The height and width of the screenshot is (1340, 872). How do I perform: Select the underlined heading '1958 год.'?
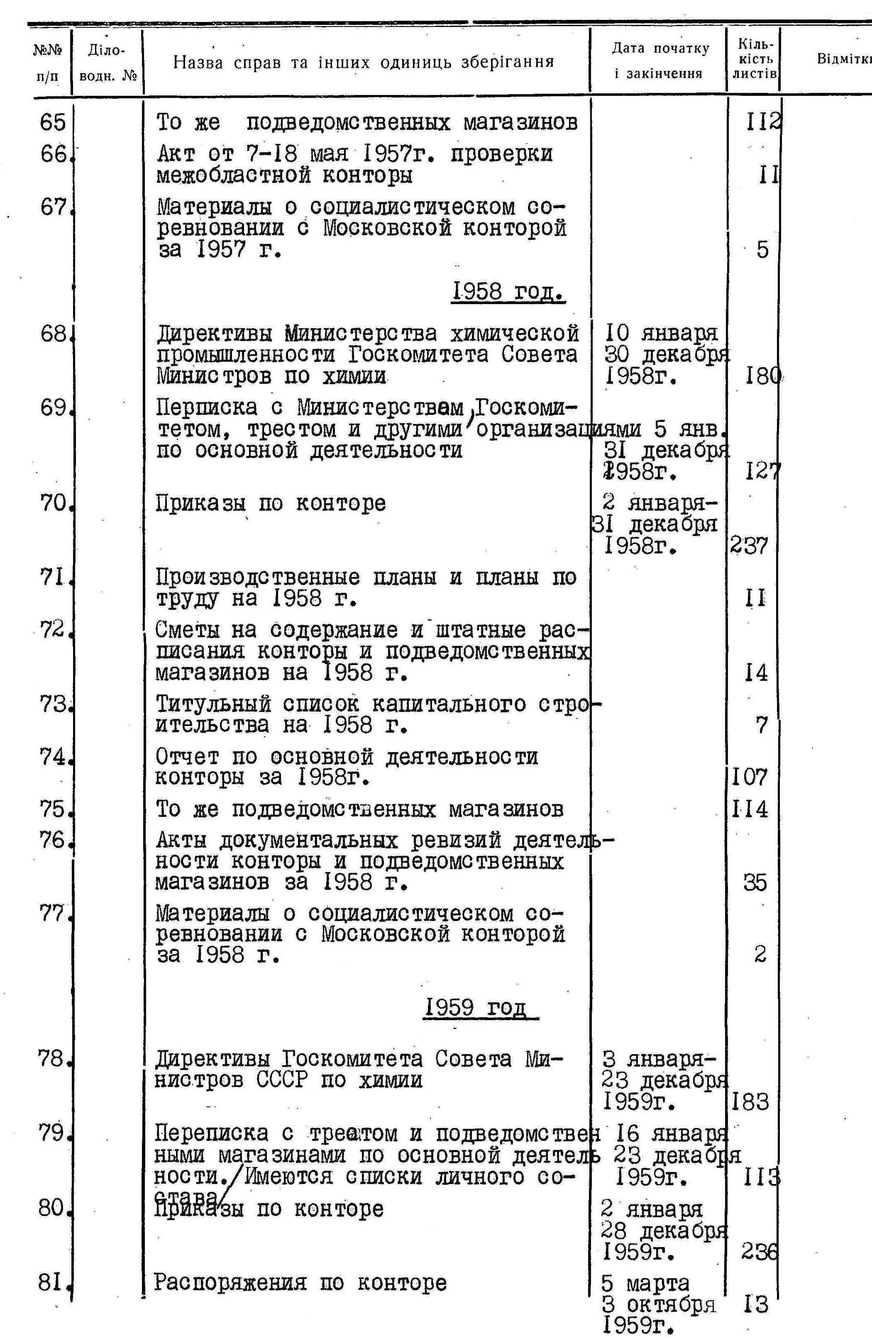508,292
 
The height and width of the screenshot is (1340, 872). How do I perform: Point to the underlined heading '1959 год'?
481,1007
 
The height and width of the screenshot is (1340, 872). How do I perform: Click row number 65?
53,122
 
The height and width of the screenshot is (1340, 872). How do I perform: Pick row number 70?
53,503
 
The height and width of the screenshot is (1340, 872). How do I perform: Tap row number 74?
53,757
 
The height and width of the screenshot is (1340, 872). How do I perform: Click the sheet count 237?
749,546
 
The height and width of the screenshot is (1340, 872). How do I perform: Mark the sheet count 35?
755,883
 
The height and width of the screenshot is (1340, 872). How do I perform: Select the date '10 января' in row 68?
662,333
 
